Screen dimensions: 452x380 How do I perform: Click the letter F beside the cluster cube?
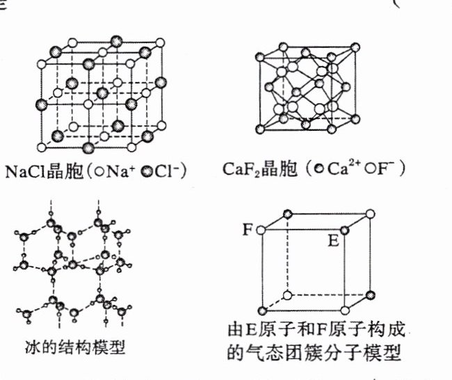point(246,229)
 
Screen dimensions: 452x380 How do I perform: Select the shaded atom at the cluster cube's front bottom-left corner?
point(261,311)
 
